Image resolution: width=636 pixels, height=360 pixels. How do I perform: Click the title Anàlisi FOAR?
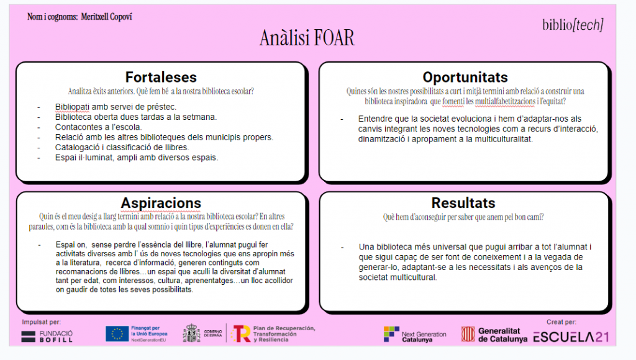click(x=307, y=38)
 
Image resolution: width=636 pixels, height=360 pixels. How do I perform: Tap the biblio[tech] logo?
click(x=573, y=25)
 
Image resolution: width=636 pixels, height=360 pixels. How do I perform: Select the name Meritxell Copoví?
click(x=106, y=17)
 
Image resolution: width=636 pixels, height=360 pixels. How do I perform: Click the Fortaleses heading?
click(x=161, y=77)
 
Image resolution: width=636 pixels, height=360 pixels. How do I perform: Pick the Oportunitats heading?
click(x=465, y=77)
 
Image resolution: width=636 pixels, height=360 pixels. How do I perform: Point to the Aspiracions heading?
click(x=161, y=203)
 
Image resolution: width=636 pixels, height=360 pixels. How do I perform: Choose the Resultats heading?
click(x=463, y=203)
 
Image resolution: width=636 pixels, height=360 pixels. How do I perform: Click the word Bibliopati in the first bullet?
click(x=72, y=107)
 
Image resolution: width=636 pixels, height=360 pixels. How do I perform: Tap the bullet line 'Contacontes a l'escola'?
click(x=98, y=127)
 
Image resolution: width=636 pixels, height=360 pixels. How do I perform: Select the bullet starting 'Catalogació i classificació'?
click(x=122, y=147)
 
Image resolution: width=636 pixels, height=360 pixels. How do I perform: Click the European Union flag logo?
click(x=117, y=334)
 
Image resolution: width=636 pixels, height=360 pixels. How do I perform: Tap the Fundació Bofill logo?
click(x=47, y=336)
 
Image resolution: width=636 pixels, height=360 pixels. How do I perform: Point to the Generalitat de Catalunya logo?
click(x=494, y=335)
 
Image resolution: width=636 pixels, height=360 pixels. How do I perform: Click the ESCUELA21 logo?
click(x=571, y=337)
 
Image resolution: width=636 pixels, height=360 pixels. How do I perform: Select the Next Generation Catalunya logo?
click(x=414, y=335)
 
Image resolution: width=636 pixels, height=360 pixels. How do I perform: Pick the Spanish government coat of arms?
click(x=191, y=333)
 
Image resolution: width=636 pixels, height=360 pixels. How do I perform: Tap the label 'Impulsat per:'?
click(x=42, y=322)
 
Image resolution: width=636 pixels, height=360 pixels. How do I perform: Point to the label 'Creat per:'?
click(x=561, y=322)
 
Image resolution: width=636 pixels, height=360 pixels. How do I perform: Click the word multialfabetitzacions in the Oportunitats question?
click(x=505, y=101)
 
